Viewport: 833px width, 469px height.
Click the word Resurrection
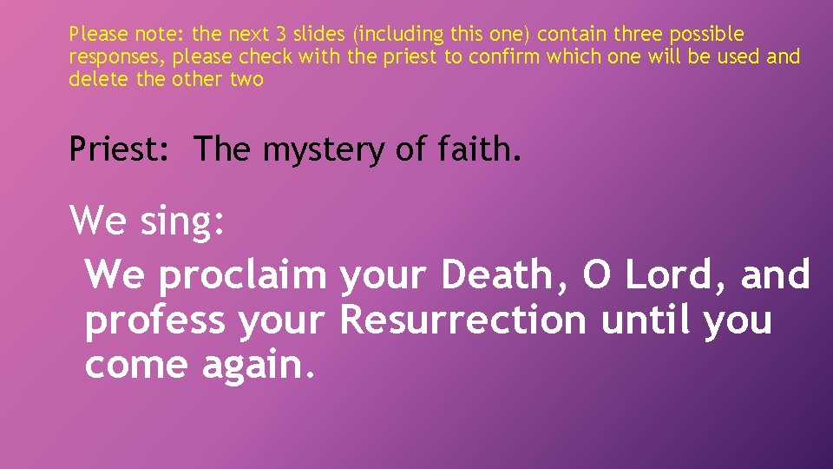pyautogui.click(x=463, y=320)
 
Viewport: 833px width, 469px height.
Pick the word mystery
pyautogui.click(x=323, y=151)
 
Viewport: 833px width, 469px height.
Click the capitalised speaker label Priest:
pyautogui.click(x=124, y=149)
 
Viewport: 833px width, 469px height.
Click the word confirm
pyautogui.click(x=502, y=57)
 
